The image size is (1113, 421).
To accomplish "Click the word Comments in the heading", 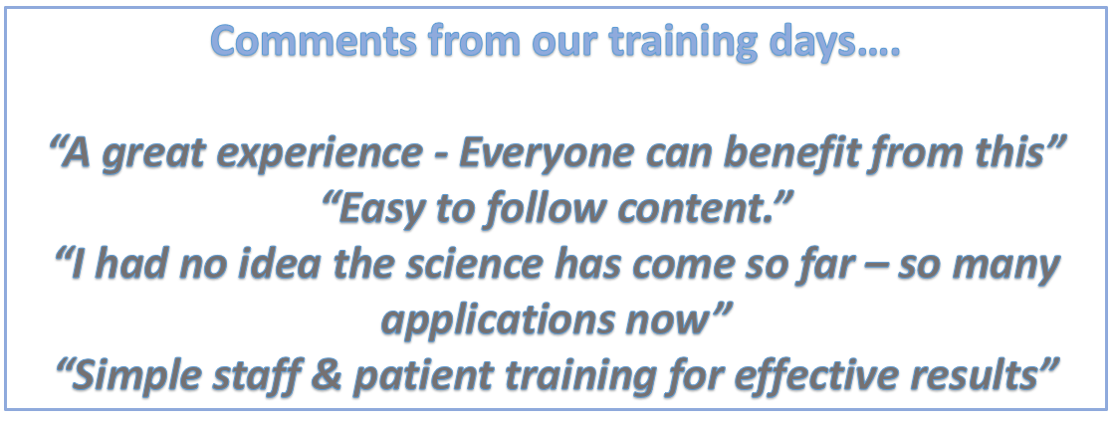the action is pyautogui.click(x=312, y=43).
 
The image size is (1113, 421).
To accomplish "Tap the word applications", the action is pyautogui.click(x=494, y=325).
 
